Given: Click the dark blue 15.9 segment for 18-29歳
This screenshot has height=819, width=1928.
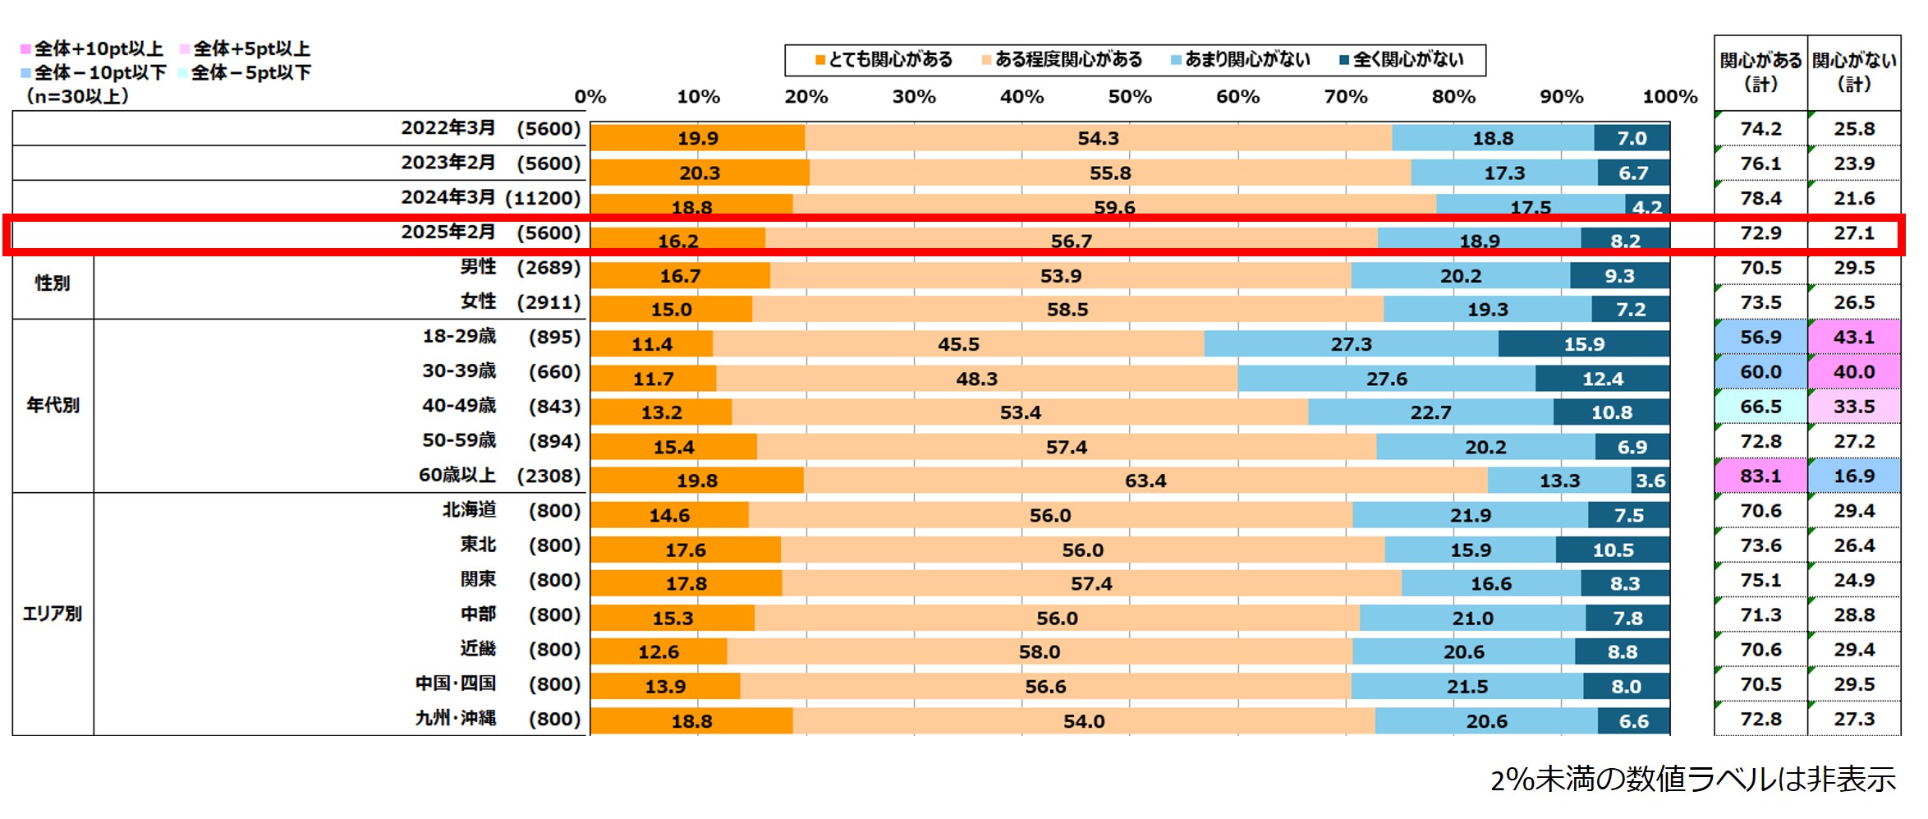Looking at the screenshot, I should pos(1583,344).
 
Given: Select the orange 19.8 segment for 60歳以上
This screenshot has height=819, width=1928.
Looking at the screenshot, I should pos(696,481).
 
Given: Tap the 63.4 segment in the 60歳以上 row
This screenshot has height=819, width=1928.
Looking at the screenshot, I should pos(1145,481).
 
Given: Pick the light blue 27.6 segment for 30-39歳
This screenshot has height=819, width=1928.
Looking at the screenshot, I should pos(1386,379).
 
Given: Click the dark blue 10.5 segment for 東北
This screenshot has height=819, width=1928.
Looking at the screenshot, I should pos(1613,550).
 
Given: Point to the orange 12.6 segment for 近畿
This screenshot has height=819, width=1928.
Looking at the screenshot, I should pos(659,652).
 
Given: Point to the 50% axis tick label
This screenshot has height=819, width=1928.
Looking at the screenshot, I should pos(1130,97).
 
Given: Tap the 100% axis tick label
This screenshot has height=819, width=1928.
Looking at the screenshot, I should pos(1669,97).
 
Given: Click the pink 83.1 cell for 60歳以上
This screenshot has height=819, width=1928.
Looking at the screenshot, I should pos(1760,476).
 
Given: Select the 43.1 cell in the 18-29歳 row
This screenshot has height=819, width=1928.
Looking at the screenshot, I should pos(1854,338).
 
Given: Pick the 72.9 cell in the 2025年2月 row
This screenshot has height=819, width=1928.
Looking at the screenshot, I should pos(1760,233).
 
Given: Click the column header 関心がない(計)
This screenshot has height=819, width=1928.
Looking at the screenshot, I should pos(1854,72).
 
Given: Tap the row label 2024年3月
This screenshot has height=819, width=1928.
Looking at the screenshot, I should pos(448,198).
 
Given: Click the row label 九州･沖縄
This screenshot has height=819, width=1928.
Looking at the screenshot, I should pos(456,719).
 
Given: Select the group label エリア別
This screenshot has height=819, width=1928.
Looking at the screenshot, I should pos(53,614).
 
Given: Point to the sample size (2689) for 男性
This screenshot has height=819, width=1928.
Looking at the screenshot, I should pos(549,268).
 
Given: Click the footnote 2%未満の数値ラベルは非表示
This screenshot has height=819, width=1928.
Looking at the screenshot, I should pos(1692,779).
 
